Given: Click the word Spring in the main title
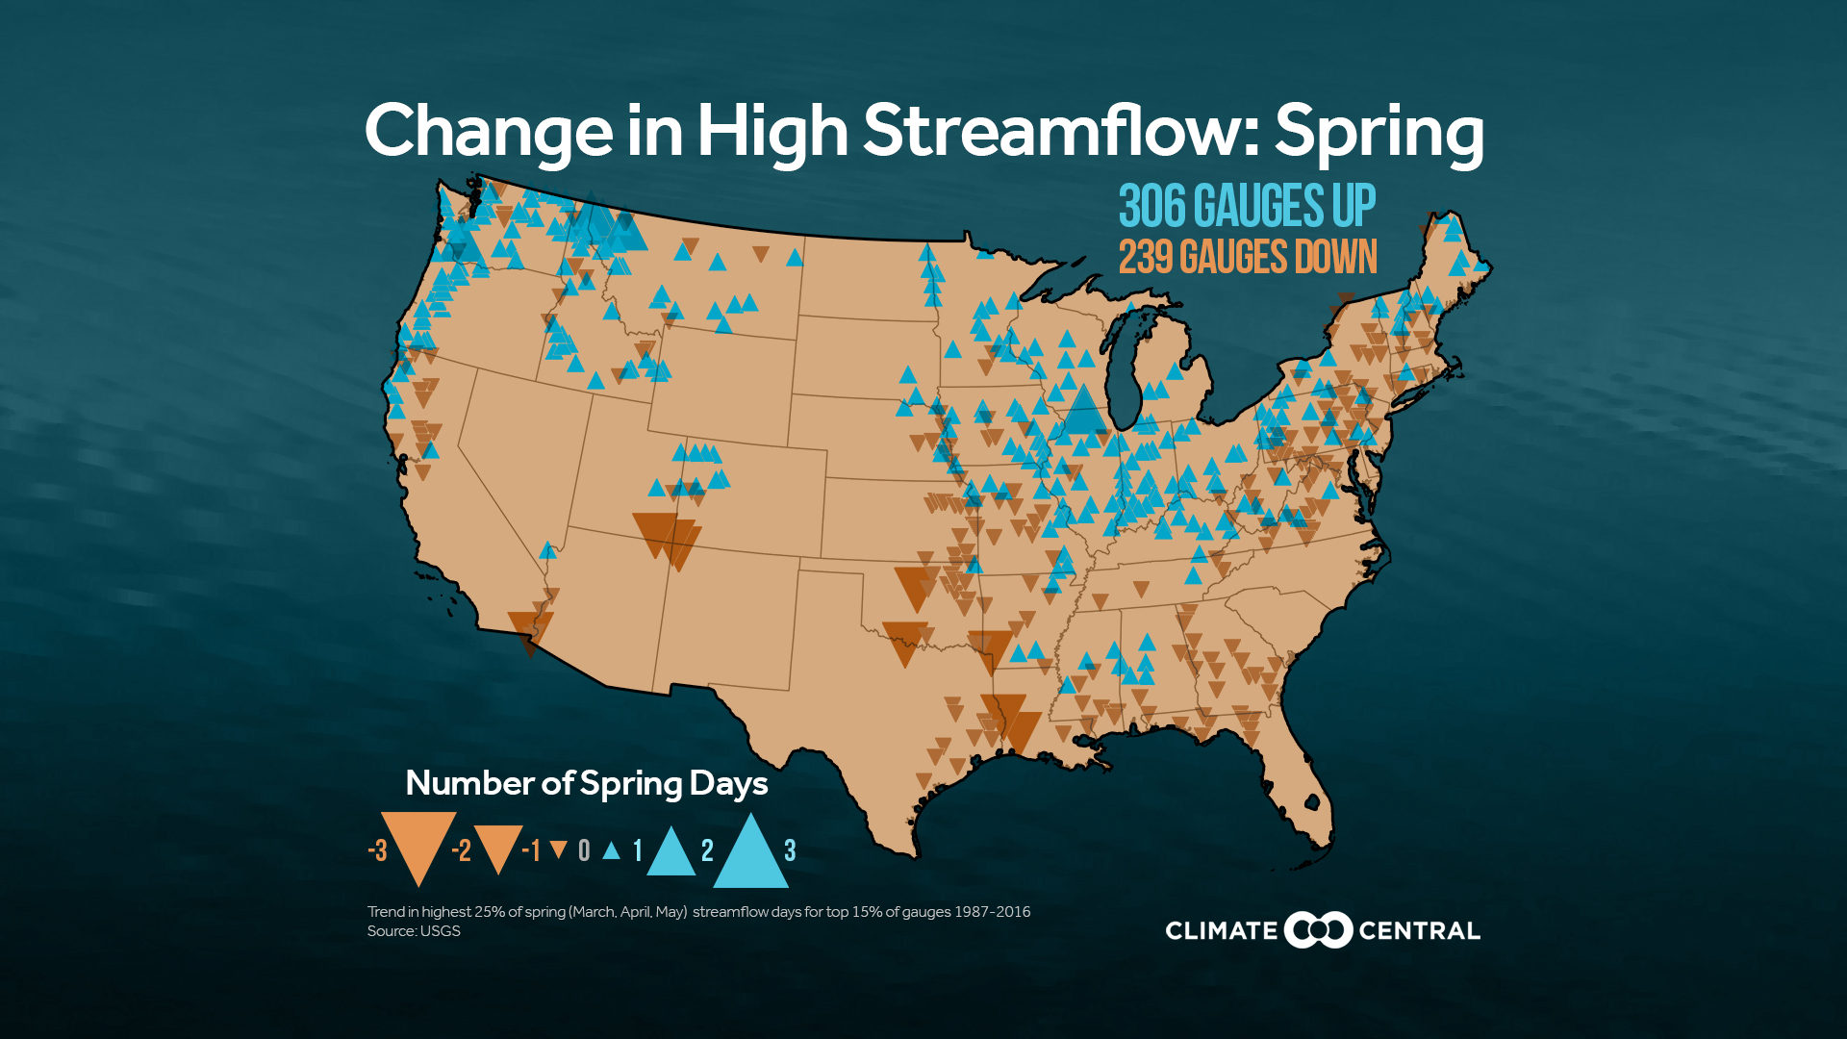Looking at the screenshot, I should click(1378, 133).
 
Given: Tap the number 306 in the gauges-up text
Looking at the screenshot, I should click(1151, 206).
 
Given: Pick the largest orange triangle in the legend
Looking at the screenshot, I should click(418, 841).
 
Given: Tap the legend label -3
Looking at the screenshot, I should click(378, 850).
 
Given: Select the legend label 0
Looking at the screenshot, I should click(584, 850).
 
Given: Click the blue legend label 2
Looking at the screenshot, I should click(708, 850).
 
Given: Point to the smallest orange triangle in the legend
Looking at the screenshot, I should click(558, 849).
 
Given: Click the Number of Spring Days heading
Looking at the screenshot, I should click(586, 783).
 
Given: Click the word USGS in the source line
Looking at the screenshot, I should click(440, 931).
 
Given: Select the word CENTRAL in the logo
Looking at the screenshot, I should click(1419, 930).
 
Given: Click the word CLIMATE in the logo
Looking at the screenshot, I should click(1221, 930).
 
